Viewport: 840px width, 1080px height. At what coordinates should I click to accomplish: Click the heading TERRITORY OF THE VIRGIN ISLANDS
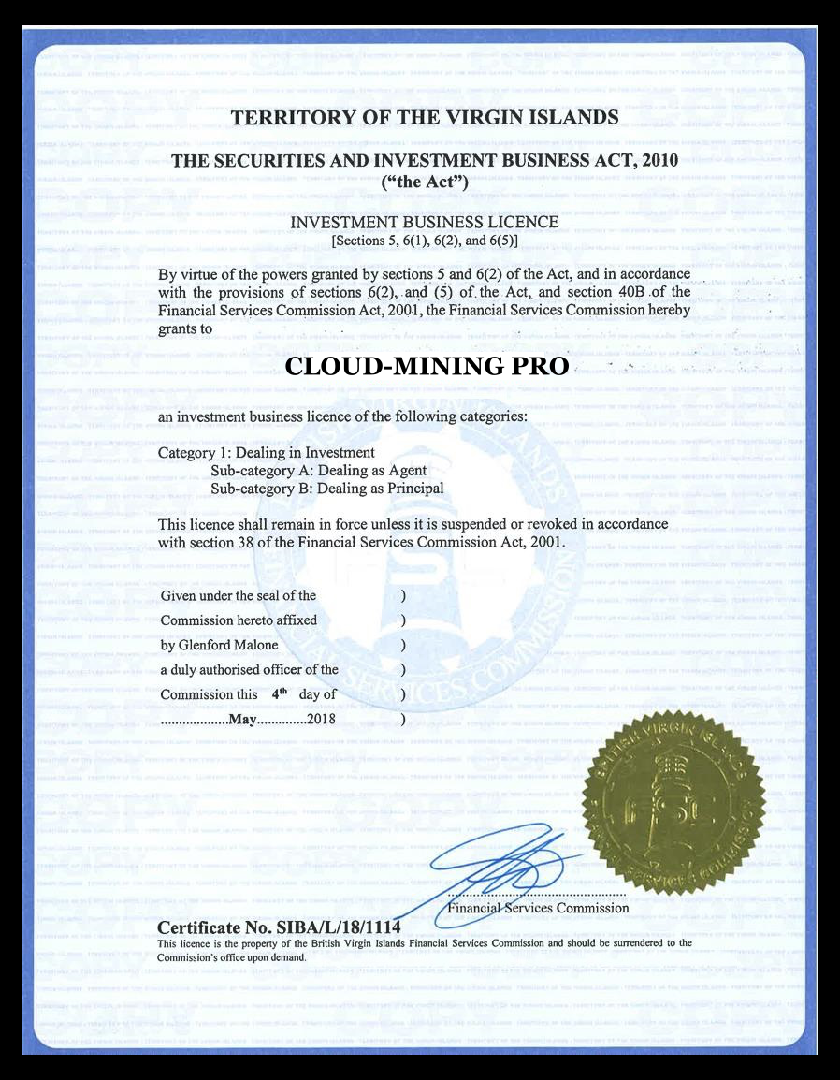coord(424,118)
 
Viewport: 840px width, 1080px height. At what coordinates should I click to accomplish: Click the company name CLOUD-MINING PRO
coord(426,367)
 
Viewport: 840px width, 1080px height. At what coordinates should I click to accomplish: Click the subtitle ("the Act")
coord(425,182)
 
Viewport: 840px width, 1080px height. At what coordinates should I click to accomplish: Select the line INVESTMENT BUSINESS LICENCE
coord(425,223)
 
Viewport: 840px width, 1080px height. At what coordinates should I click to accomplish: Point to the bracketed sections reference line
coord(425,241)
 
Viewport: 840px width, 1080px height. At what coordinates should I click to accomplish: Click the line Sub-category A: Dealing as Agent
coord(318,471)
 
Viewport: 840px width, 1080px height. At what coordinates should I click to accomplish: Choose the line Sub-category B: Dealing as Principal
coord(326,489)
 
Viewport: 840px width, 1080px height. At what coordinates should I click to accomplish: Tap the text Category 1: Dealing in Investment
coord(266,453)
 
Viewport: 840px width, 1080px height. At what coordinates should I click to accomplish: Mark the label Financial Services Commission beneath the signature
coord(539,908)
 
